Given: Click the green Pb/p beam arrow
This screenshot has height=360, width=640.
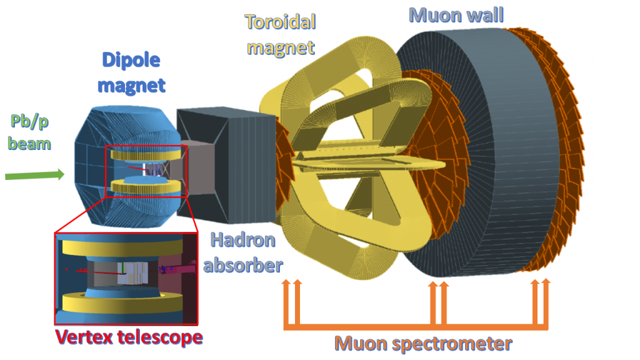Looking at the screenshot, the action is pyautogui.click(x=35, y=175).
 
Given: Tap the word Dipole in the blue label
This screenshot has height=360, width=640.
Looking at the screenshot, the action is pyautogui.click(x=131, y=61).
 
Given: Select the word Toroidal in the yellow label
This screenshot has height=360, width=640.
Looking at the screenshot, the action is pyautogui.click(x=281, y=22).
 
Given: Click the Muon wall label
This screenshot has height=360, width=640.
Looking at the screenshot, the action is pyautogui.click(x=456, y=16).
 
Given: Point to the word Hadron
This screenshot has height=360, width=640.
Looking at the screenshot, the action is pyautogui.click(x=243, y=240).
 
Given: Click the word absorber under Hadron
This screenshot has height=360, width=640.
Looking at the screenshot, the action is pyautogui.click(x=243, y=265).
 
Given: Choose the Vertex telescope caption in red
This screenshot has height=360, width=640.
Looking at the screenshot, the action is pyautogui.click(x=129, y=337).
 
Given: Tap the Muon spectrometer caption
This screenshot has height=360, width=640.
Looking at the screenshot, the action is pyautogui.click(x=423, y=344).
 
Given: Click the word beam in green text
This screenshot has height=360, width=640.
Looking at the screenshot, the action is pyautogui.click(x=29, y=144).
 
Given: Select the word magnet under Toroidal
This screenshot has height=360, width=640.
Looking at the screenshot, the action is pyautogui.click(x=281, y=48).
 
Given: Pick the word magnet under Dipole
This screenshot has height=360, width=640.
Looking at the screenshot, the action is pyautogui.click(x=131, y=86).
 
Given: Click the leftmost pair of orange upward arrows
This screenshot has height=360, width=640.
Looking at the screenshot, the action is pyautogui.click(x=292, y=302).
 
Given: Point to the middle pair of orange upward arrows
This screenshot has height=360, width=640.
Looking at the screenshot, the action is pyautogui.click(x=439, y=302).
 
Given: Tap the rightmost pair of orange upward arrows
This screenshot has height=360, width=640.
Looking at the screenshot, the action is pyautogui.click(x=541, y=302).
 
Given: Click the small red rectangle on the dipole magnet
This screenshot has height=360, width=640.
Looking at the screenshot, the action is pyautogui.click(x=146, y=171).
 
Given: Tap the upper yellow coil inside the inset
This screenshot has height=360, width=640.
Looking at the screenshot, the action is pyautogui.click(x=122, y=247).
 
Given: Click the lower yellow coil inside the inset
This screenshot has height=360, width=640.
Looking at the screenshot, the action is pyautogui.click(x=122, y=303).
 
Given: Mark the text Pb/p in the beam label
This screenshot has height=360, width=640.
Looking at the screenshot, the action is pyautogui.click(x=29, y=121).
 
